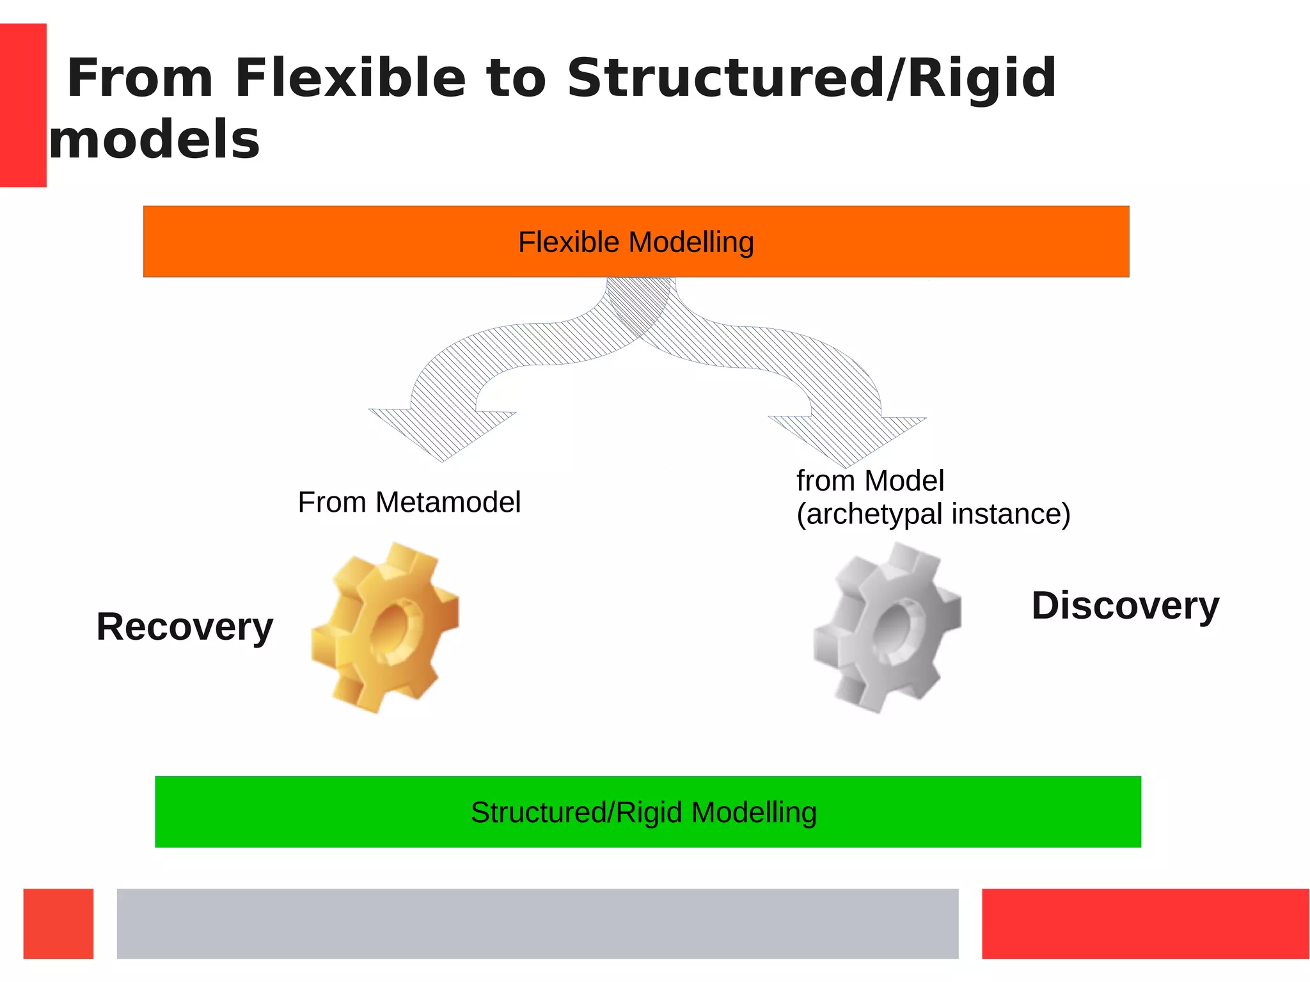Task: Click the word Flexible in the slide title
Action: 350,78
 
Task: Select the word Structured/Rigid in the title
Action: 811,78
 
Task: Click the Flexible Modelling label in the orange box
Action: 636,242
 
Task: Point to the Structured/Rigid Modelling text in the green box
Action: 643,812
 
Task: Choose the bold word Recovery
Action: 184,627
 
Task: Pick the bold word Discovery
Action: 1125,606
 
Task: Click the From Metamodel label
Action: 409,502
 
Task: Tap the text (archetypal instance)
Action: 933,514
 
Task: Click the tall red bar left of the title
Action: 23,105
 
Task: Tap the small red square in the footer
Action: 58,923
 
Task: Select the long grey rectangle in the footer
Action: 537,923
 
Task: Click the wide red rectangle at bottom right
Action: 1145,923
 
